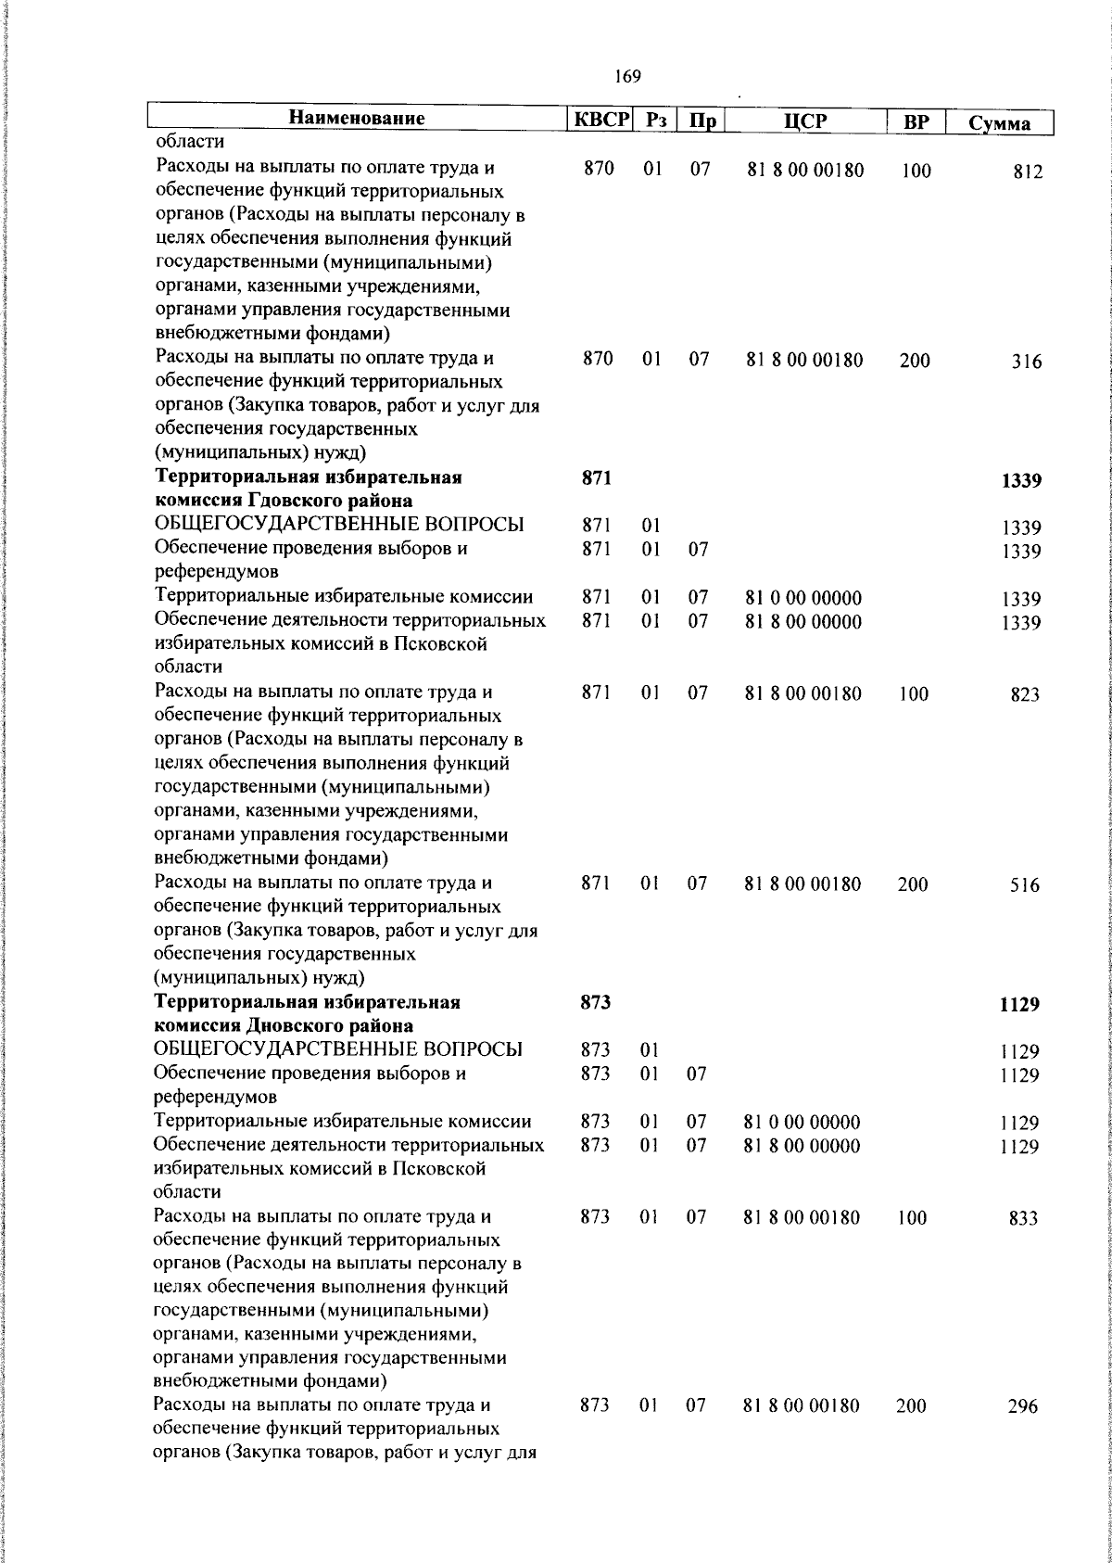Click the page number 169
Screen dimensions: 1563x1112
(627, 77)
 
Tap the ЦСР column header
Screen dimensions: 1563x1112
(804, 121)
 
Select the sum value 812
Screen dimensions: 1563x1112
(1027, 172)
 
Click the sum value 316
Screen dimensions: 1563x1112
(1026, 362)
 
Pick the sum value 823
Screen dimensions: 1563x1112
(1025, 694)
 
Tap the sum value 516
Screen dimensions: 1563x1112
(1025, 885)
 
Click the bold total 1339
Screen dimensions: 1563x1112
(1021, 480)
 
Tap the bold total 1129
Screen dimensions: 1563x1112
(1019, 1005)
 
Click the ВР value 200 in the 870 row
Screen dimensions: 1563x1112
(915, 361)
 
